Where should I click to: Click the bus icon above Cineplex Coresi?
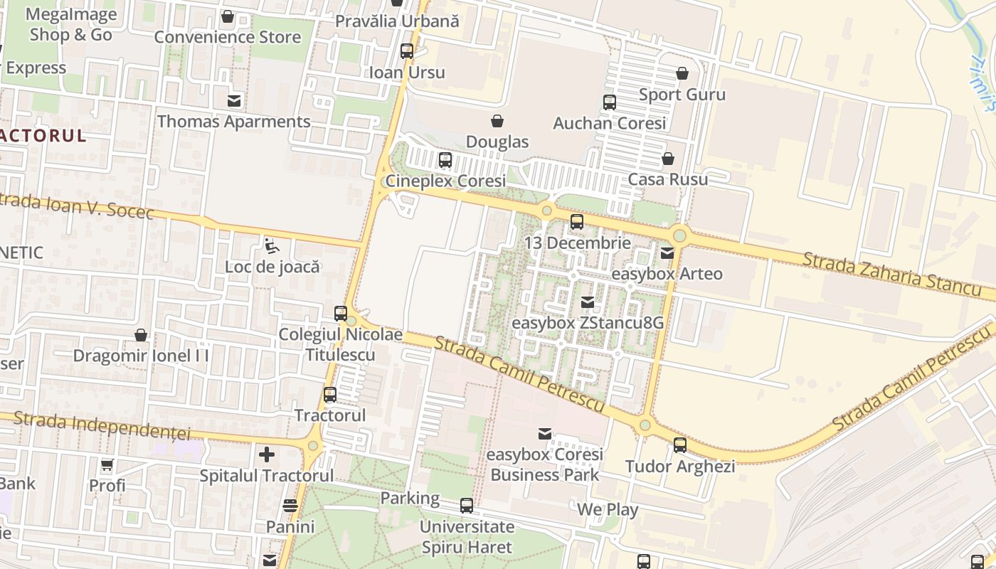(x=445, y=160)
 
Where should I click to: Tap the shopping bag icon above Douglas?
(x=497, y=121)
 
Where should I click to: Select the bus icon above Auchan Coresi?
(x=610, y=102)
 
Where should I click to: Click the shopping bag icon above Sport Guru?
(x=682, y=73)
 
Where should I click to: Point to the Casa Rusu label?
(x=668, y=179)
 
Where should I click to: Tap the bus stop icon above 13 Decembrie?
(x=577, y=222)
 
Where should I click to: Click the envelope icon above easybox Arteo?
(x=667, y=252)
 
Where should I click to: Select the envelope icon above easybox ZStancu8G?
(x=588, y=302)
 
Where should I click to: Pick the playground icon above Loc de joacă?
(x=272, y=246)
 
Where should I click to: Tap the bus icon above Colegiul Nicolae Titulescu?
(x=341, y=313)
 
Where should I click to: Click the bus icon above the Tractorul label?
(x=330, y=394)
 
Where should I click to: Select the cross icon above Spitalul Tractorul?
(x=267, y=454)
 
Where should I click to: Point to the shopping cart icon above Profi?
(x=107, y=465)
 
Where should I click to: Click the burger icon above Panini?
(x=290, y=506)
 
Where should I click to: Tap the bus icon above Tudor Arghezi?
(x=680, y=445)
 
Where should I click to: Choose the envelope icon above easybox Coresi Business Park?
(x=545, y=433)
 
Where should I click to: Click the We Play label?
(x=608, y=510)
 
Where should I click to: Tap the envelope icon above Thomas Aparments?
(x=234, y=100)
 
